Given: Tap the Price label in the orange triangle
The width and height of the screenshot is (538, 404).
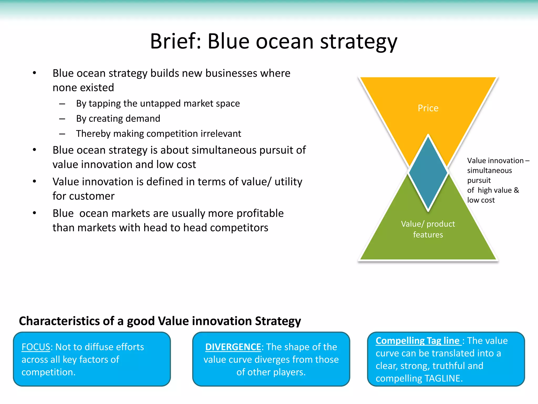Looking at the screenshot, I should (x=428, y=108).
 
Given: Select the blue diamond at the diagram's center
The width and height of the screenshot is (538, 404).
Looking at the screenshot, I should (x=428, y=172).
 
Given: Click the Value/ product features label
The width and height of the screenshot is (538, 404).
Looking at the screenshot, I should (x=428, y=229).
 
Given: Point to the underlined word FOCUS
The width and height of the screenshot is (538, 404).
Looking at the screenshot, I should (x=36, y=347).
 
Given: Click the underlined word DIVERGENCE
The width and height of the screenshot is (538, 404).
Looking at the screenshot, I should (x=233, y=347).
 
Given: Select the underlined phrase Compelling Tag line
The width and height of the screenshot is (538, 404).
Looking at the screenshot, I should (x=417, y=341).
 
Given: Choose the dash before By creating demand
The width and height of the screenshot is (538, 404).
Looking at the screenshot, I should (x=62, y=119).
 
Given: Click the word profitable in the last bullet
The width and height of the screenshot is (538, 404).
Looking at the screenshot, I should (x=260, y=213).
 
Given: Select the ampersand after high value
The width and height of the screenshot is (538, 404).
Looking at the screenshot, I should (x=516, y=190).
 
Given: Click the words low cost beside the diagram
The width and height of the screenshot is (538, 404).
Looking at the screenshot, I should (x=481, y=200).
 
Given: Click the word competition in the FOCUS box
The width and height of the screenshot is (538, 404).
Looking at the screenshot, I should (x=48, y=372).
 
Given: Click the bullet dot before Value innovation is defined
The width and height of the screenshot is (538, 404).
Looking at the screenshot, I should (x=34, y=181).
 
